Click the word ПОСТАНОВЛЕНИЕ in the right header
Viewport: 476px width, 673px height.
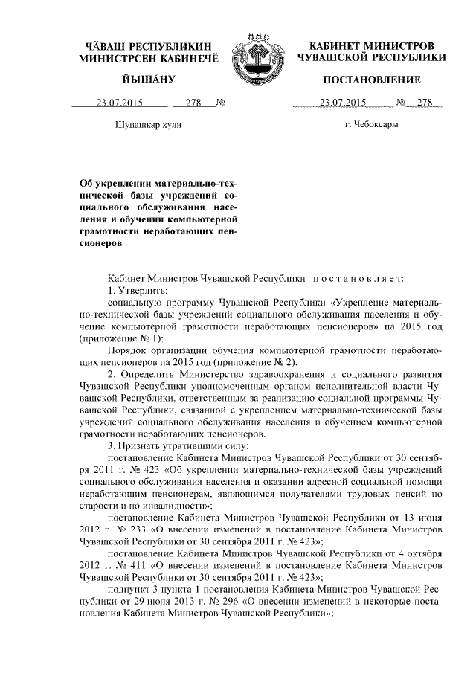pyautogui.click(x=371, y=79)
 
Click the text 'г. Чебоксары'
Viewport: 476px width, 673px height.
pyautogui.click(x=371, y=124)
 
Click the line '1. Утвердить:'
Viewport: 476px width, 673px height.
pyautogui.click(x=138, y=289)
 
